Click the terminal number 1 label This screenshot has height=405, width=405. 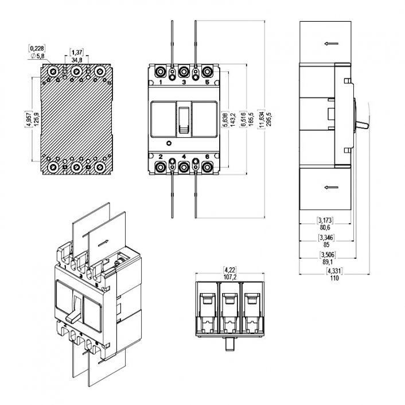[x=160, y=83]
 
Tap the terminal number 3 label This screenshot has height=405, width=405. [x=184, y=83]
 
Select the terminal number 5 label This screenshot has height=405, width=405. [x=207, y=83]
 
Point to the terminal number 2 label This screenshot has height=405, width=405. [x=160, y=156]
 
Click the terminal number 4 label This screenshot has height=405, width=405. [x=184, y=156]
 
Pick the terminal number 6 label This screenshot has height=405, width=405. [x=207, y=156]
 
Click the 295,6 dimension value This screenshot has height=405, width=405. [x=268, y=119]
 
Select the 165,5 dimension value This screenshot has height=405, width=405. [x=251, y=119]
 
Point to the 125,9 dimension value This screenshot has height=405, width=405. [x=37, y=119]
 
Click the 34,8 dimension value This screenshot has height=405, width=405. [x=76, y=59]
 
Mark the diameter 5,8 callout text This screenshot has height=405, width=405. [x=37, y=56]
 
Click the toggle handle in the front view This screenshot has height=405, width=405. [x=183, y=120]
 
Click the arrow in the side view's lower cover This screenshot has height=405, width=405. [x=330, y=187]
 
